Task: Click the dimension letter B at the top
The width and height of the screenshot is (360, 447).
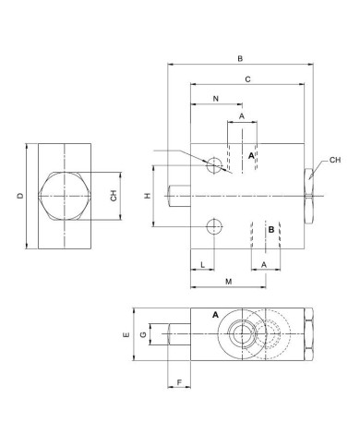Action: point(240,59)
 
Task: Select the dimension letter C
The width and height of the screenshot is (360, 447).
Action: point(248,80)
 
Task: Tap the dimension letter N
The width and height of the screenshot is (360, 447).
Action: point(215,99)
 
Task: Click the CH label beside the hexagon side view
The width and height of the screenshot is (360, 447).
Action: point(114,195)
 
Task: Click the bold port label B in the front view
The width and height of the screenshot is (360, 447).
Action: point(270,229)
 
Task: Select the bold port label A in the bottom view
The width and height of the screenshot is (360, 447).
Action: point(215,315)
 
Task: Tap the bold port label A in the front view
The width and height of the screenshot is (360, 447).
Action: point(250,158)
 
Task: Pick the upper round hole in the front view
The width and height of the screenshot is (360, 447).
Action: point(215,165)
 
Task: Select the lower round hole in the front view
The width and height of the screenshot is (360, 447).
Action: point(215,226)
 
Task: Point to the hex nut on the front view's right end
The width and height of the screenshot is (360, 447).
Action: point(309,195)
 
